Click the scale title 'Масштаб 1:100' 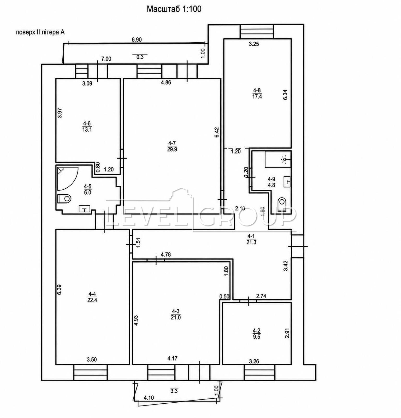[174, 9]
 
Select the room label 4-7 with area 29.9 [172, 146]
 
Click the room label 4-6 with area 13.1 [87, 126]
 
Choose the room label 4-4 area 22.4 [92, 297]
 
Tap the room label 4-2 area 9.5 [257, 334]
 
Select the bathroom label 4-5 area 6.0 [87, 189]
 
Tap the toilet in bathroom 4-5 [64, 199]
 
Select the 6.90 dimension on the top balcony [137, 40]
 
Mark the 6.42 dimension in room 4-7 [216, 132]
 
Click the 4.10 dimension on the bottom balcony [149, 405]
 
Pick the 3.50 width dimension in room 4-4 [92, 359]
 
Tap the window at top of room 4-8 [257, 31]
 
